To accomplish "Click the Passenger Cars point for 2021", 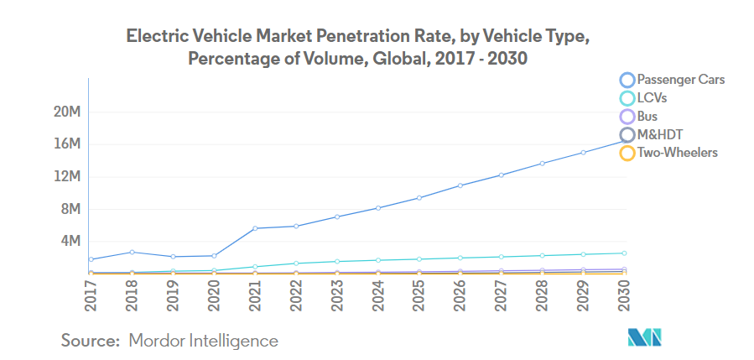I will (255, 228).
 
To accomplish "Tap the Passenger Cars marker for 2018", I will (132, 252).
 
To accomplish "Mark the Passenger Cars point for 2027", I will (502, 175).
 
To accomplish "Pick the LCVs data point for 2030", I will (625, 253).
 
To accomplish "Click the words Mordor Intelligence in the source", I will (203, 341).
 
